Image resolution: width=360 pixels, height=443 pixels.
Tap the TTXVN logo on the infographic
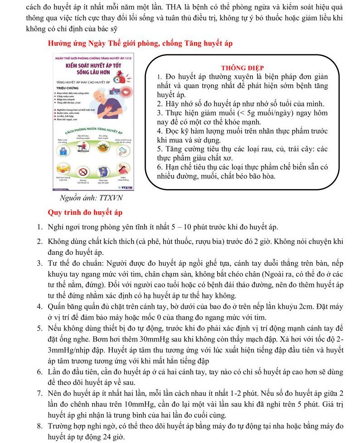(x=126, y=187)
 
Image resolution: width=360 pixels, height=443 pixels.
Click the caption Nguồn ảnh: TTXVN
(x=91, y=199)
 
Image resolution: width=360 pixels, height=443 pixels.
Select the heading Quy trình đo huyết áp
(x=85, y=212)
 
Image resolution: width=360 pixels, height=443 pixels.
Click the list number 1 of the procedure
(x=40, y=227)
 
